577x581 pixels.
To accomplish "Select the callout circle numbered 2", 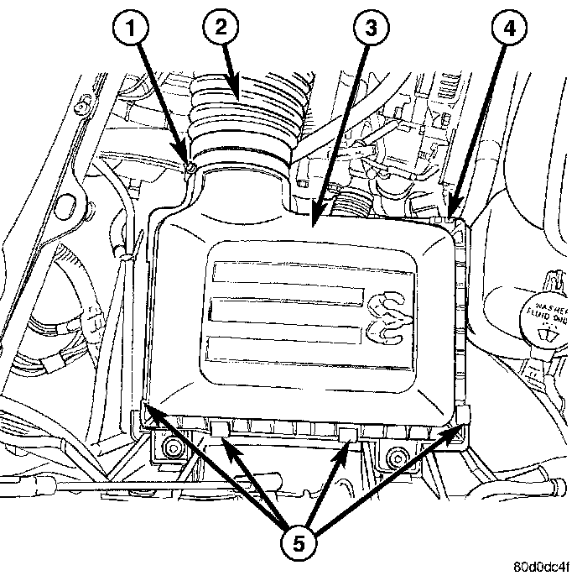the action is point(219,28).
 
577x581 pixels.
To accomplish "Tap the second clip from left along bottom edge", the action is point(221,430).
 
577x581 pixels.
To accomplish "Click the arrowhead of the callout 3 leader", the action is point(314,222).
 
